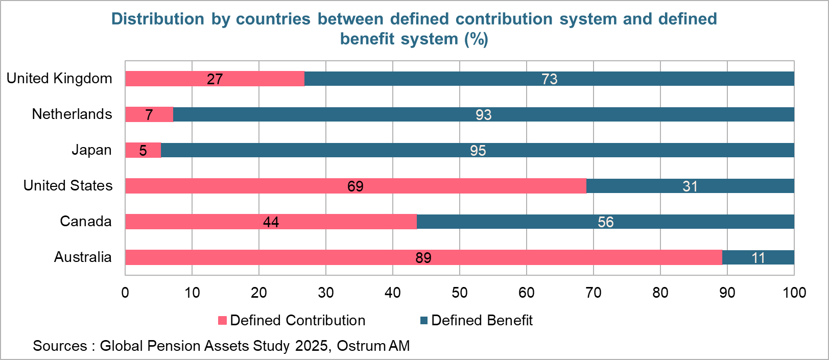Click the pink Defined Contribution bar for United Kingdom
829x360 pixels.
[x=174, y=79]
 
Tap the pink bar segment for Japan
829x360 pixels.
[x=134, y=150]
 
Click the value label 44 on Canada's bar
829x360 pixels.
[x=271, y=222]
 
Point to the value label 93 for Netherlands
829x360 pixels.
[x=483, y=115]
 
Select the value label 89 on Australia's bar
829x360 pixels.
[x=423, y=258]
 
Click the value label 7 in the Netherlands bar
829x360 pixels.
[x=149, y=115]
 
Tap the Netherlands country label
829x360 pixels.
[x=72, y=114]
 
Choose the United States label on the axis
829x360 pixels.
[x=68, y=185]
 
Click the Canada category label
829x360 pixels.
[x=86, y=221]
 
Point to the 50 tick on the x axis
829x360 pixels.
[x=459, y=293]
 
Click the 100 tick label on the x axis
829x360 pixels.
[x=794, y=293]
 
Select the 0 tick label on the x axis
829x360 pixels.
[x=125, y=293]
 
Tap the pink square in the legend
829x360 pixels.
[x=222, y=321]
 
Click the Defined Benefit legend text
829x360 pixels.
[x=481, y=320]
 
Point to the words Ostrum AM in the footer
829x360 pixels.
[x=373, y=346]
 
